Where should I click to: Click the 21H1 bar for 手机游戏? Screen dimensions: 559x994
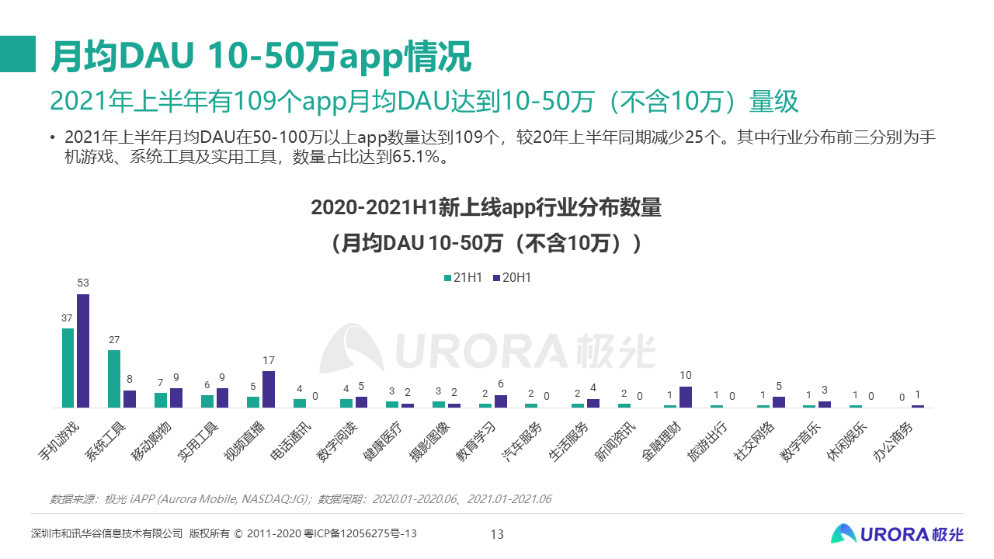pos(68,368)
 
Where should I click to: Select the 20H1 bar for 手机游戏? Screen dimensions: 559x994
pos(83,351)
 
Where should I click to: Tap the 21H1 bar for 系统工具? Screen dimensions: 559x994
pos(114,379)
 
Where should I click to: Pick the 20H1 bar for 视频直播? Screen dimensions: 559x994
pos(269,389)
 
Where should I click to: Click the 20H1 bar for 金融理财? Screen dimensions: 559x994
pos(685,397)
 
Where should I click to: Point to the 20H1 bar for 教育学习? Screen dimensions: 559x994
pos(500,401)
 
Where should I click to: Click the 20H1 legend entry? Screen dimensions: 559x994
pos(512,277)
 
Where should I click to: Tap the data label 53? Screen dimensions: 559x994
pos(83,283)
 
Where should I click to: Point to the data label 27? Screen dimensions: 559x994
pos(114,340)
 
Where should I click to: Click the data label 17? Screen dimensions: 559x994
pos(269,360)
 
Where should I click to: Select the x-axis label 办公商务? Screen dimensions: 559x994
pos(892,442)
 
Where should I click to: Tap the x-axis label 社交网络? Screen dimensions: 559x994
pos(753,442)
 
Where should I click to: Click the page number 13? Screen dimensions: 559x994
pos(497,534)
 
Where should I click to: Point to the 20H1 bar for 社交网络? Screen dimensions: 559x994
pos(779,402)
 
